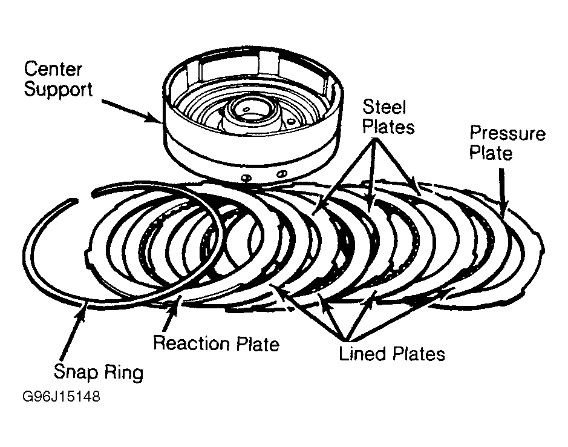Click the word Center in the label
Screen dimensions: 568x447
pyautogui.click(x=53, y=69)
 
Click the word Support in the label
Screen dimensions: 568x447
pyautogui.click(x=58, y=90)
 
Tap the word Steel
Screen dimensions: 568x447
pyautogui.click(x=384, y=107)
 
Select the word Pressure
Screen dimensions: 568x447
pyautogui.click(x=507, y=133)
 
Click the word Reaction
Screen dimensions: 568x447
pyautogui.click(x=192, y=343)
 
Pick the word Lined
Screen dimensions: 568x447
pyautogui.click(x=364, y=353)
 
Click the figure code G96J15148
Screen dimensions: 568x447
pyautogui.click(x=61, y=396)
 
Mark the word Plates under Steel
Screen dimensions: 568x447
pyautogui.click(x=388, y=127)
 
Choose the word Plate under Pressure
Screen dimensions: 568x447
pyautogui.click(x=491, y=153)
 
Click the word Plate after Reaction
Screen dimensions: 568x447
pyautogui.click(x=258, y=343)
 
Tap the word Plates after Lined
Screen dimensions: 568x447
pyautogui.click(x=419, y=353)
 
